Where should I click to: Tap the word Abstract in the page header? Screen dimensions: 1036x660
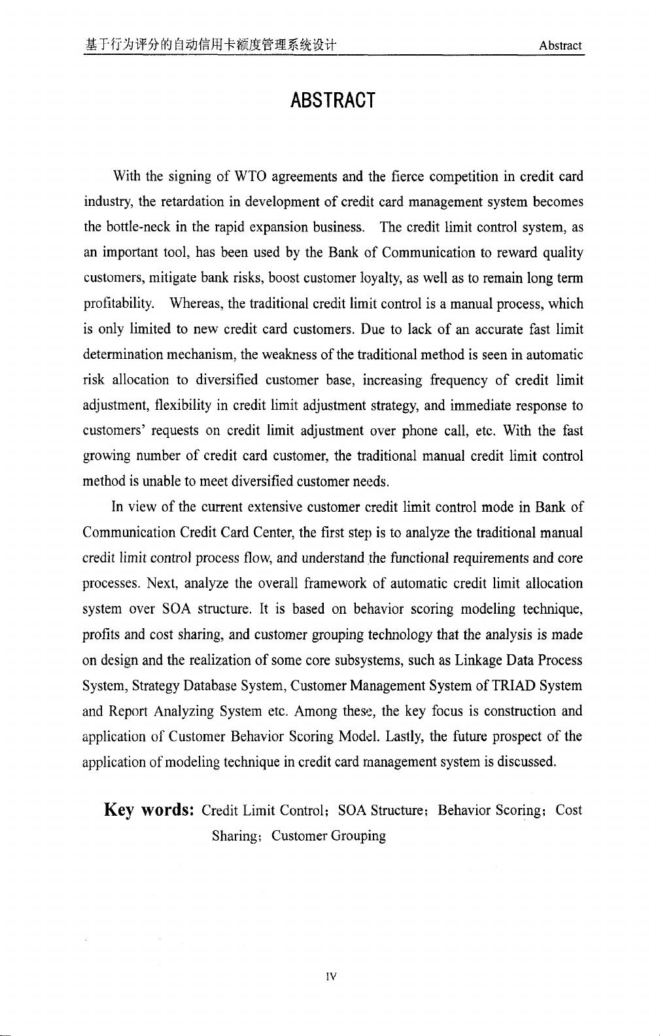click(560, 46)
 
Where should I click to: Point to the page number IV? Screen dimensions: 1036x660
click(330, 977)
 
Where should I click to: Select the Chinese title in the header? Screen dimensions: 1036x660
click(210, 46)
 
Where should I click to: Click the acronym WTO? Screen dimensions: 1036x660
click(249, 176)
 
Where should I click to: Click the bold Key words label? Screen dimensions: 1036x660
click(148, 811)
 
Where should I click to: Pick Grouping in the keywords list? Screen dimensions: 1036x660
click(358, 836)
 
